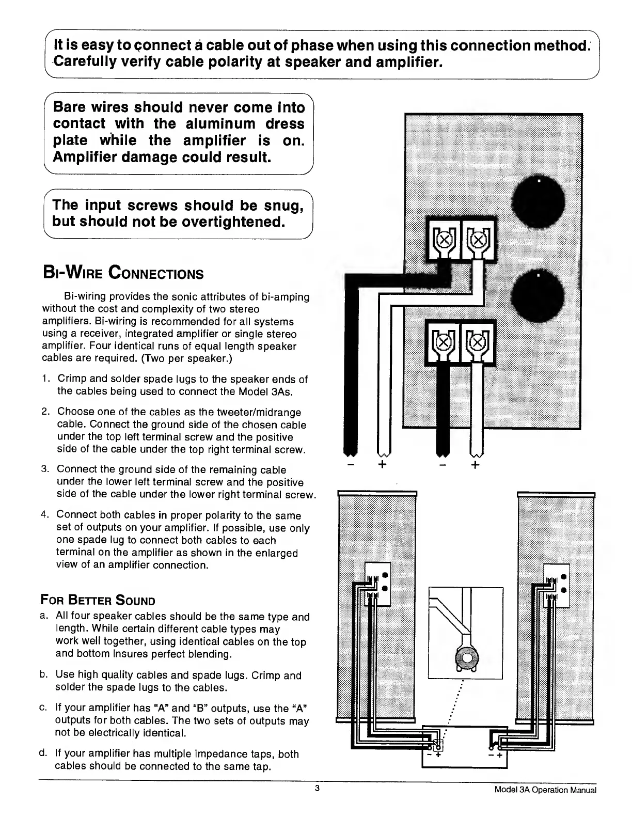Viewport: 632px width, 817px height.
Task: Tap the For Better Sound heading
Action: click(x=98, y=601)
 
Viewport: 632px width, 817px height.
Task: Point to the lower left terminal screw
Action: click(x=443, y=341)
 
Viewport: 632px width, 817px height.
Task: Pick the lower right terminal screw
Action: click(x=478, y=341)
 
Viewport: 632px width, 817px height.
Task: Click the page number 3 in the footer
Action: click(x=318, y=789)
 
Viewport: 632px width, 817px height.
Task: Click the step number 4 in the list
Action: click(x=44, y=515)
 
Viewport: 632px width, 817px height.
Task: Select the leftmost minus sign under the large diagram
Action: click(x=351, y=464)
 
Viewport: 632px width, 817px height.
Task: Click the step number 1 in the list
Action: click(x=45, y=379)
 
